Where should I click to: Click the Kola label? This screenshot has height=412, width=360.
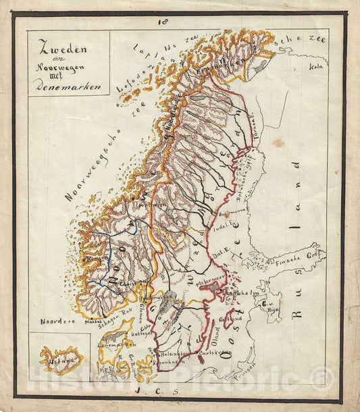315,66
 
